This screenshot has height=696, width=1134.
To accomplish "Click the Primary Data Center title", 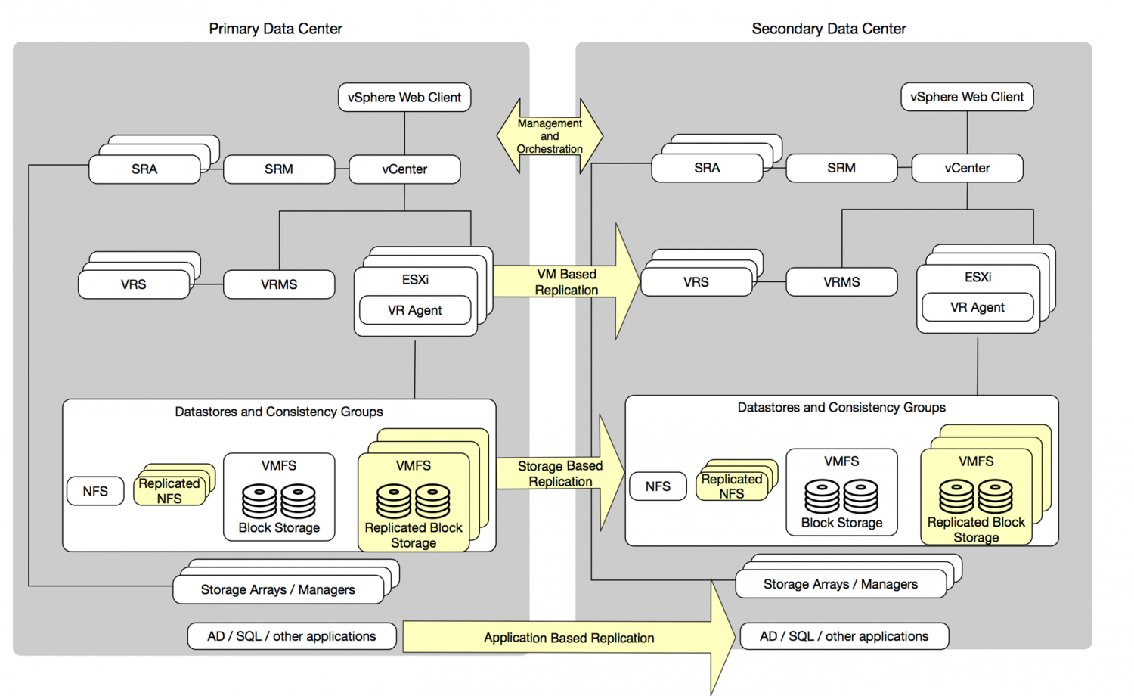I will click(275, 29).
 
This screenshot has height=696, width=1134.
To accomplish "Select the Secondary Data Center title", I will click(829, 29).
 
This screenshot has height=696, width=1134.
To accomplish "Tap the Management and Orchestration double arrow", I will click(550, 136).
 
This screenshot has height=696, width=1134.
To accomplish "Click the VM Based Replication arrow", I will click(566, 282).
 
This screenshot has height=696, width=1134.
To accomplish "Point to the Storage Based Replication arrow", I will click(560, 474).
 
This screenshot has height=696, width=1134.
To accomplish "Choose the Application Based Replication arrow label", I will click(569, 638).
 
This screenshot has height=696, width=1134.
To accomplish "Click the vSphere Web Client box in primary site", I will click(404, 98).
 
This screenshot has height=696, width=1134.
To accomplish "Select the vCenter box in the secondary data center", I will click(967, 168).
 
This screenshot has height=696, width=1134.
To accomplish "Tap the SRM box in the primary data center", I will click(279, 169).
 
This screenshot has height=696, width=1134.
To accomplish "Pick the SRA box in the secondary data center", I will click(707, 168).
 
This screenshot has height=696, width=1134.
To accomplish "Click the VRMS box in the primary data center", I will click(279, 284).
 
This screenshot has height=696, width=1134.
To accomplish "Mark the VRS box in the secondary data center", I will click(696, 282).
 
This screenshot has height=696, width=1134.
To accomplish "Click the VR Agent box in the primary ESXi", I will click(415, 310).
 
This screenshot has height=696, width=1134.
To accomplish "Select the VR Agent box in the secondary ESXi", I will click(978, 307).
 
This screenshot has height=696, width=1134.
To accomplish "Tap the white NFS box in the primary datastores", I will click(95, 491).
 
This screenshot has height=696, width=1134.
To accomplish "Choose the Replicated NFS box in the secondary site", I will click(732, 486).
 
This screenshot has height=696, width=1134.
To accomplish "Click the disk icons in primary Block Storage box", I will click(279, 501).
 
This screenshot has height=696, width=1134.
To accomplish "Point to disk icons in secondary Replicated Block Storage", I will click(976, 496).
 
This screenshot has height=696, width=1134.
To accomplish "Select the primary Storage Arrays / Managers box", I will click(278, 589).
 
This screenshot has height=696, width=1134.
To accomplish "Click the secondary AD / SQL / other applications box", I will click(844, 636).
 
